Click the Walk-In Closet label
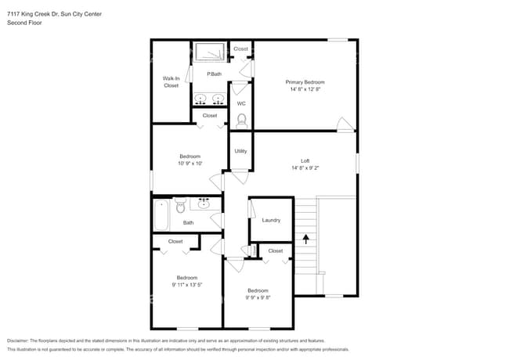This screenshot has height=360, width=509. pos(171,81)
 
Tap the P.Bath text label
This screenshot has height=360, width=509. pos(214,74)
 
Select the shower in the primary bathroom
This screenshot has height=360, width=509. pos(210,53)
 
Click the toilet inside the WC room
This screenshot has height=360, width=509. pos(242,121)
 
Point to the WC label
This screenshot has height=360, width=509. pos(241,103)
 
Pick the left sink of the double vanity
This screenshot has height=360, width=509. pos(201,99)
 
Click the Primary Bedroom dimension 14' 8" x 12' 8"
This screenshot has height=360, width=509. pos(305,90)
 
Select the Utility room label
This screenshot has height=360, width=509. pos(240,151)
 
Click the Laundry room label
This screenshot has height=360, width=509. pos(271,220)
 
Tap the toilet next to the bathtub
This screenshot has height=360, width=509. pos(180,207)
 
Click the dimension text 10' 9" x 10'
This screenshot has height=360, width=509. pos(190,164)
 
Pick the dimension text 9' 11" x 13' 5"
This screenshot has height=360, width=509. pos(187,285)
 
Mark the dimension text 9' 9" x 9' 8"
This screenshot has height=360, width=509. pos(258,297)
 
